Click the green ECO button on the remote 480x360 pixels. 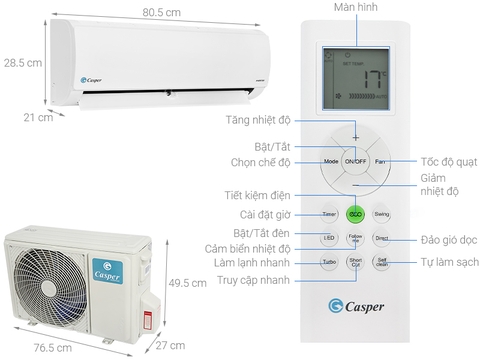355,214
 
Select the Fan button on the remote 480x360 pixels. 381,161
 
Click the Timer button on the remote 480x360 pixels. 329,214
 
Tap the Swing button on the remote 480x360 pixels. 382,214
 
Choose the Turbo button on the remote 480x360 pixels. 329,263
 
